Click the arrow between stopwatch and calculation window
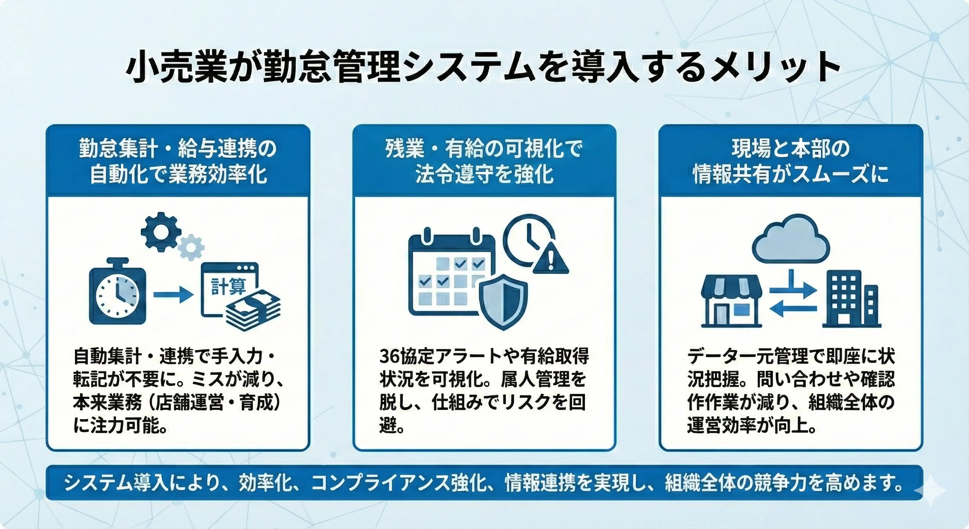pyautogui.click(x=173, y=294)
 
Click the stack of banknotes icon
pyautogui.click(x=253, y=312)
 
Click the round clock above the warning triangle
pyautogui.click(x=528, y=239)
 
